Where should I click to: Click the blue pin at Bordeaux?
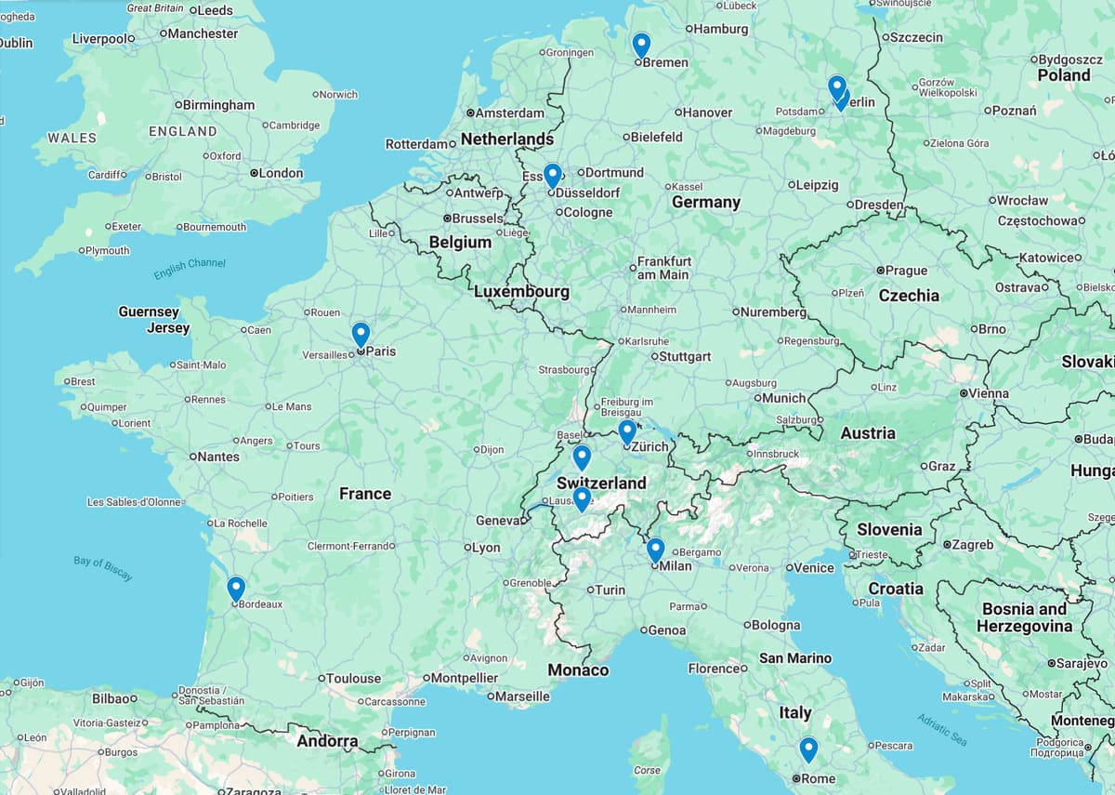(x=236, y=588)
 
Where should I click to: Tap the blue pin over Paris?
(x=361, y=334)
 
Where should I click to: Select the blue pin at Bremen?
(x=641, y=44)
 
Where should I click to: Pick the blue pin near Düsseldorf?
(x=552, y=175)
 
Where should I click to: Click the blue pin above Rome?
(x=808, y=749)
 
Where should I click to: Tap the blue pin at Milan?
(x=655, y=550)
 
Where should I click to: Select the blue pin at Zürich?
(x=627, y=431)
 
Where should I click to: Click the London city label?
(x=281, y=173)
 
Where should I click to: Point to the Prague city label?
(x=906, y=271)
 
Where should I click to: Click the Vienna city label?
(x=988, y=393)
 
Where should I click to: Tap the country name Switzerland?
(x=601, y=484)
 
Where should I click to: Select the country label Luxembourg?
(x=521, y=291)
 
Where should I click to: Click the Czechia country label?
(x=909, y=296)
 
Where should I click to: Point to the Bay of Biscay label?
(x=103, y=568)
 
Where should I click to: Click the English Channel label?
(x=190, y=269)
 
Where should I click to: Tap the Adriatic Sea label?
(x=942, y=730)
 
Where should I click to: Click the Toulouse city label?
(x=353, y=679)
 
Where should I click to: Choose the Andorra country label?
(x=327, y=741)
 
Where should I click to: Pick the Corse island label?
(x=647, y=770)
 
